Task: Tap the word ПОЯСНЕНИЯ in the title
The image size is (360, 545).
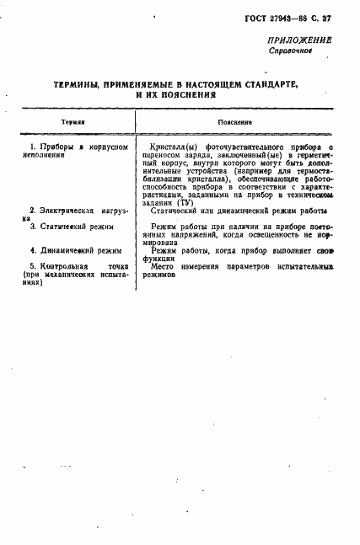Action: click(186, 95)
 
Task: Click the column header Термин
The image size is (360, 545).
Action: click(73, 122)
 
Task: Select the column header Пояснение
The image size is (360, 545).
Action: click(235, 122)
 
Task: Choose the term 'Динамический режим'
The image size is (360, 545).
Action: click(74, 250)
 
